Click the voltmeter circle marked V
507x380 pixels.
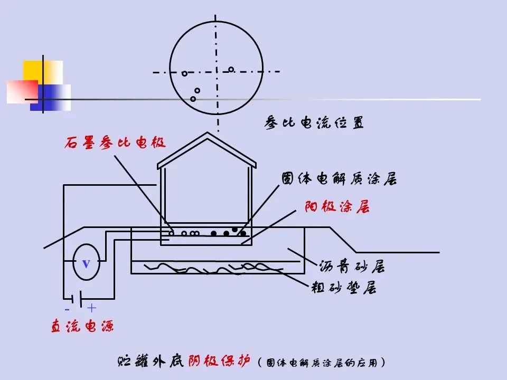(x=86, y=262)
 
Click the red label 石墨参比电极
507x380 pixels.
(x=115, y=143)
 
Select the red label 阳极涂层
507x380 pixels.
(x=336, y=207)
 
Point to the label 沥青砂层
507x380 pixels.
(x=352, y=267)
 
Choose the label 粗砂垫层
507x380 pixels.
(x=343, y=288)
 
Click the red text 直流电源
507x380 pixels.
(x=82, y=326)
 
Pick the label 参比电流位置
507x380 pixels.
(x=314, y=123)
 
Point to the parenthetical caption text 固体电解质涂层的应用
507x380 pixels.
(x=323, y=363)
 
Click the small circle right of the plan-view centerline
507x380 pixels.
(x=231, y=69)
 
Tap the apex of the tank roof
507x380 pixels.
(x=206, y=134)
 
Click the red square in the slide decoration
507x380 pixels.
(x=22, y=91)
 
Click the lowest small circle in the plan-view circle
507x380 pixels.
(x=193, y=99)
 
